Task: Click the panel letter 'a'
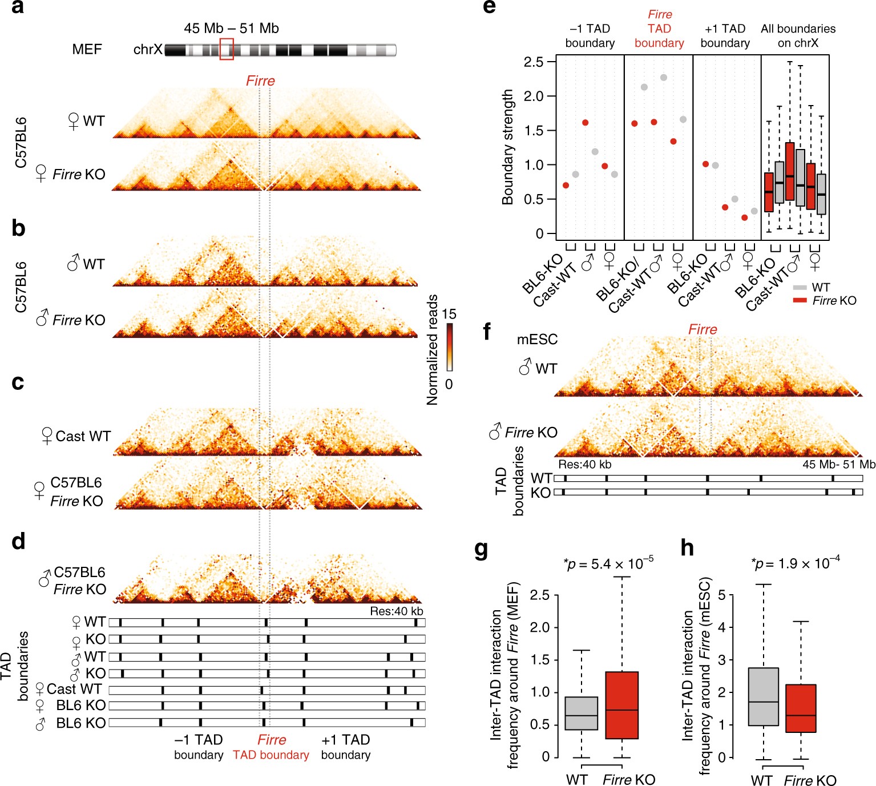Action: click(18, 8)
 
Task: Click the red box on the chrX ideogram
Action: click(227, 49)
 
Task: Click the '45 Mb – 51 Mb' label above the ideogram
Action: click(231, 29)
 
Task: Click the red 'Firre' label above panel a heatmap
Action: click(260, 81)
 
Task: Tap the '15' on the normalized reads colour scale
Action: click(449, 314)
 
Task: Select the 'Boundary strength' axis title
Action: click(507, 147)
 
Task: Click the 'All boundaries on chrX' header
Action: click(798, 35)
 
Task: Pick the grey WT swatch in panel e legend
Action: click(800, 288)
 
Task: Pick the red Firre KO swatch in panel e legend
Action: click(800, 300)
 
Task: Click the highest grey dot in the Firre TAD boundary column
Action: click(664, 78)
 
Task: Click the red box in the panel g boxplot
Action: click(621, 706)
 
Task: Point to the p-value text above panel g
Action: click(608, 565)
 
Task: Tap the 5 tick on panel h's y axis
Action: click(722, 595)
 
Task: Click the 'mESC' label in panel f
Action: click(537, 340)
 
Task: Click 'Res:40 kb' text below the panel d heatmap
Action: click(397, 611)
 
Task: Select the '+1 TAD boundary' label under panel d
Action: click(346, 747)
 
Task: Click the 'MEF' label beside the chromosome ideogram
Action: click(87, 50)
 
